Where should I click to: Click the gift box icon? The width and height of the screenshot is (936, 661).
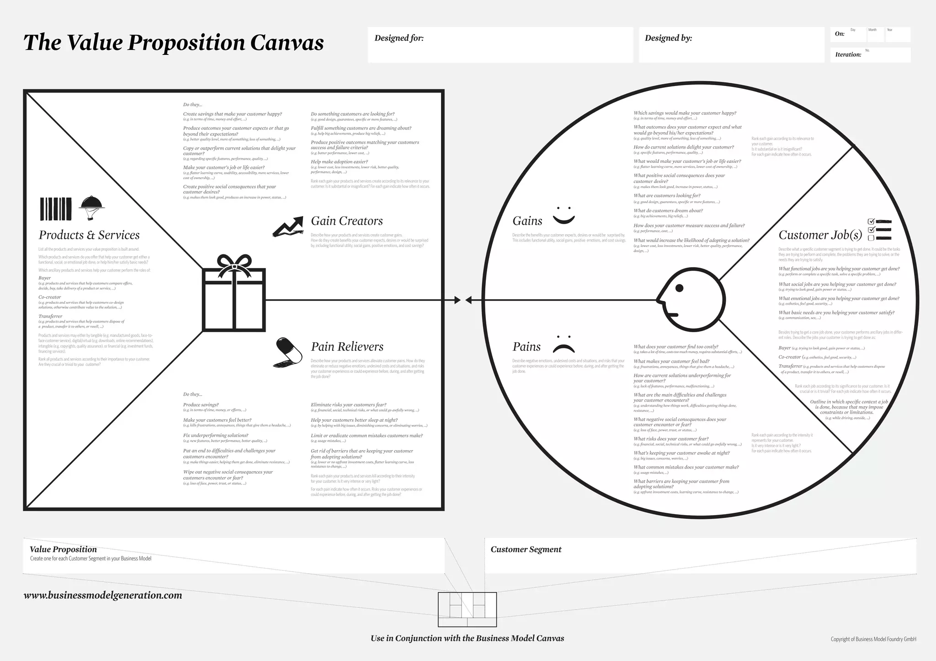click(234, 293)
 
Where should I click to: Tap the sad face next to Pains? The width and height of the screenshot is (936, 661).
click(564, 344)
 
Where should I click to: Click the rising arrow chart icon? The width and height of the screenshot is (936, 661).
click(288, 226)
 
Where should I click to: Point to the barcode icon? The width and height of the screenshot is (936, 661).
click(56, 209)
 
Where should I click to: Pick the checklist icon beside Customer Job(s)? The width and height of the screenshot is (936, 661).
click(879, 230)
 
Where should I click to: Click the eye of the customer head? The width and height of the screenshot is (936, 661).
click(679, 288)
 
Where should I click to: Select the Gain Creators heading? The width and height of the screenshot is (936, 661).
click(347, 221)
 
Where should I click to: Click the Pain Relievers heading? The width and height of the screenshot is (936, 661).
click(347, 347)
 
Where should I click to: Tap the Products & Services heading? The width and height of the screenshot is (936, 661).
click(89, 235)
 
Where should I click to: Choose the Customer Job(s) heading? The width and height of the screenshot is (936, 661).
click(820, 235)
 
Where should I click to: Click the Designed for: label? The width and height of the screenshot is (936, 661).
click(399, 38)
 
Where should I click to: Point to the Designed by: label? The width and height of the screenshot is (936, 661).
click(668, 38)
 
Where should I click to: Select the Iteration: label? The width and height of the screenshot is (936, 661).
click(848, 55)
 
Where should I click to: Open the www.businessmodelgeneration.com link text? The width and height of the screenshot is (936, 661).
click(103, 595)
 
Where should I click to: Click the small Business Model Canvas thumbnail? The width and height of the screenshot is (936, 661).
click(467, 609)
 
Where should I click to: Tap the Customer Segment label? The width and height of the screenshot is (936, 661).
click(526, 549)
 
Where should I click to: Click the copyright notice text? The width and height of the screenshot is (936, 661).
click(873, 639)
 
